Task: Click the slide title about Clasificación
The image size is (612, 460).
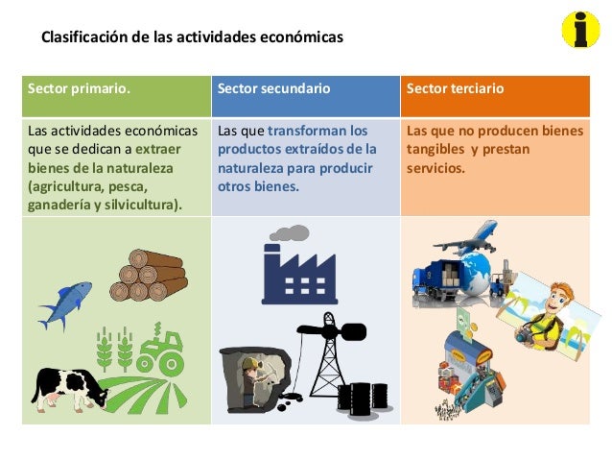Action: point(191,39)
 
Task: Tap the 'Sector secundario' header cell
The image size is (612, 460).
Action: point(304,89)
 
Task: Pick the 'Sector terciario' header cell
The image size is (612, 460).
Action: point(494,89)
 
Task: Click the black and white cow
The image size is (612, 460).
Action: point(68,389)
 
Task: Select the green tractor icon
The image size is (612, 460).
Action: point(161,351)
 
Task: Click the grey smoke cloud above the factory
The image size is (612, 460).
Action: point(289,232)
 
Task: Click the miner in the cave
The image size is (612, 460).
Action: point(250,379)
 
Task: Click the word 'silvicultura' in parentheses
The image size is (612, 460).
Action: point(138,204)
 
